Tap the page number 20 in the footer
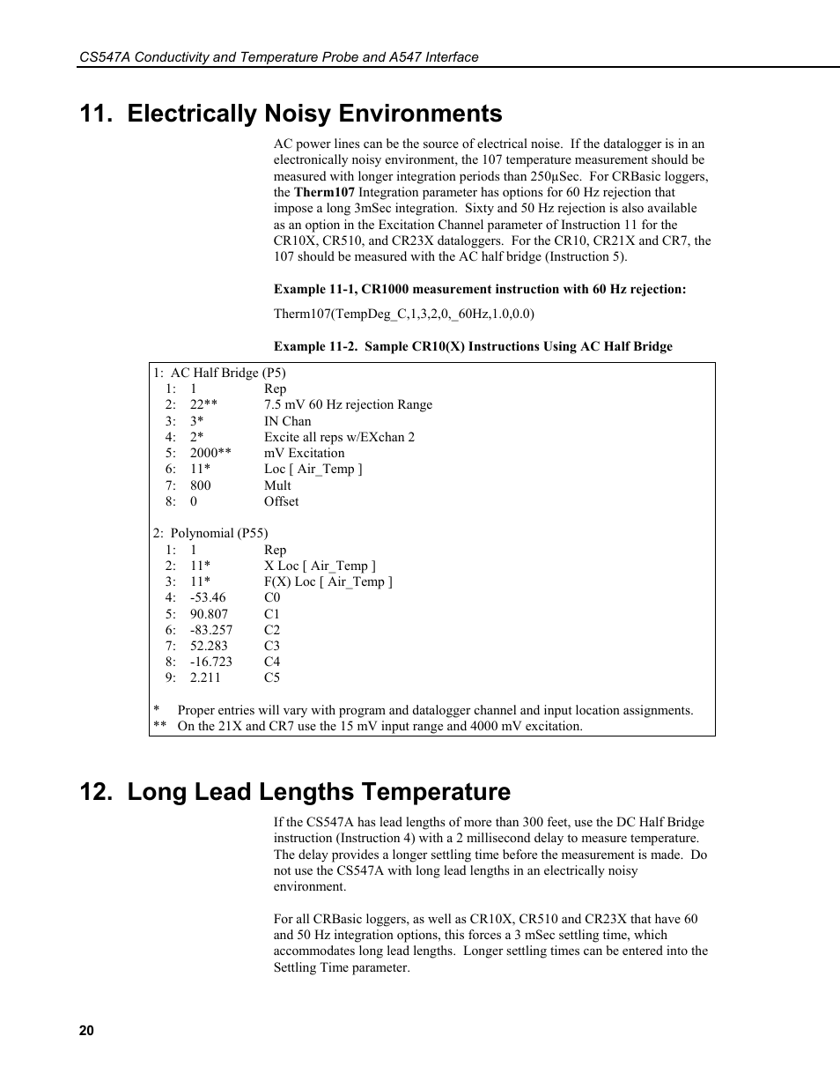pos(86,1031)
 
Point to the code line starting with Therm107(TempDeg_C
pos(403,314)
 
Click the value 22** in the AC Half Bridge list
pos(203,404)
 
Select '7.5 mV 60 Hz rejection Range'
pos(348,404)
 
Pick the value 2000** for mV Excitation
pos(210,453)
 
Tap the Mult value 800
pos(200,485)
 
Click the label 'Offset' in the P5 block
pos(281,501)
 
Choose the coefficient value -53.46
pos(207,597)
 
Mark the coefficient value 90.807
pos(209,614)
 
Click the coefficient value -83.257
pos(210,630)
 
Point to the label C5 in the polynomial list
pos(272,677)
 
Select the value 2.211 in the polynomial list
pos(205,677)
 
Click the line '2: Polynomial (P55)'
pos(210,533)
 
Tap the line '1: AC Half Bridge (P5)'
pos(219,373)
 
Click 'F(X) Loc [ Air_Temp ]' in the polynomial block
pos(328,581)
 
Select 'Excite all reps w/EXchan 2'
pos(339,437)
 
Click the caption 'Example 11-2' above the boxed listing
pos(473,346)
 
